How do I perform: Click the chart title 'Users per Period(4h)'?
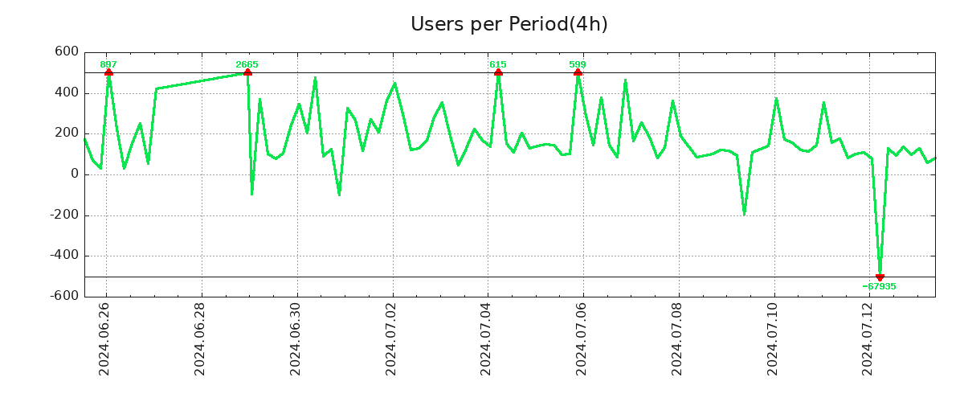coord(509,25)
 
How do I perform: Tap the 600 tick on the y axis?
coord(67,52)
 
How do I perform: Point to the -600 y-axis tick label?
coord(63,296)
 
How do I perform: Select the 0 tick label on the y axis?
coord(75,174)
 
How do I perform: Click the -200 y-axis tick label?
coord(63,215)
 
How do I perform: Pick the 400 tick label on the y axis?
coord(67,93)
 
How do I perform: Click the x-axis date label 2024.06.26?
coord(104,342)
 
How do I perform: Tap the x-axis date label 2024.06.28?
coord(200,342)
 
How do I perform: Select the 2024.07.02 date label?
coord(391,342)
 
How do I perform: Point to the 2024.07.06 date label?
coord(582,342)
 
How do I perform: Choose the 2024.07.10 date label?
coord(774,342)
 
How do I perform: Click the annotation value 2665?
coord(247,64)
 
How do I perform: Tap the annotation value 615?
coord(498,64)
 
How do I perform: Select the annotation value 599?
coord(578,64)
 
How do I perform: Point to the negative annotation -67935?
coord(880,286)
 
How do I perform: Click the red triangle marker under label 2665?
coord(247,72)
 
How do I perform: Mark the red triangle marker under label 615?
coord(498,72)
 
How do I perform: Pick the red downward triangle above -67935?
coord(880,277)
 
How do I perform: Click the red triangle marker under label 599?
coord(578,72)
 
